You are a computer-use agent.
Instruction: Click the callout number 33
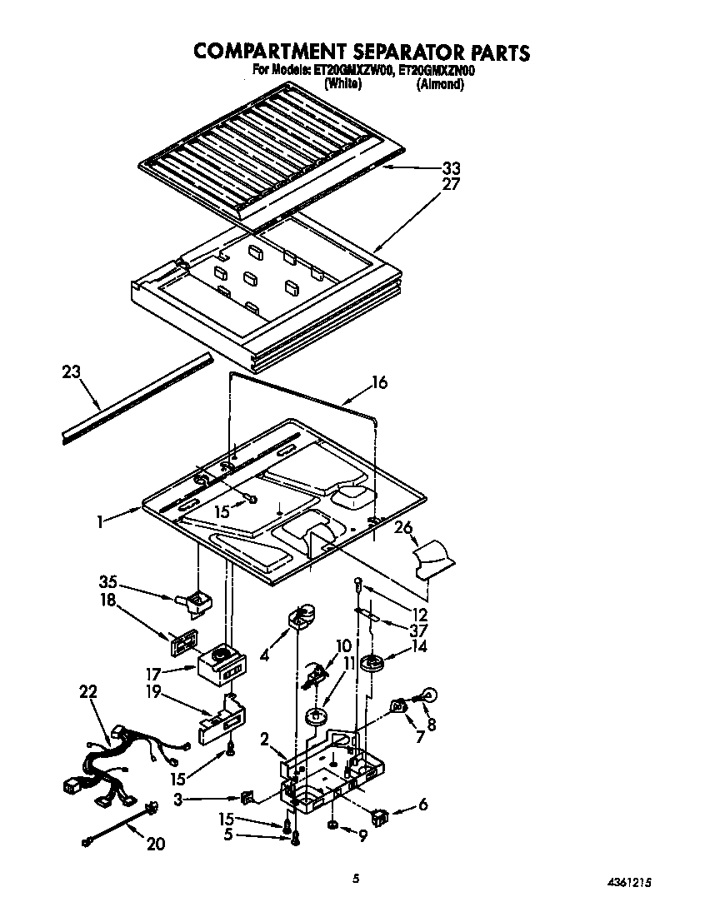point(450,169)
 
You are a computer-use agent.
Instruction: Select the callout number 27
point(451,185)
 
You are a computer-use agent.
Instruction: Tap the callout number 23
point(72,371)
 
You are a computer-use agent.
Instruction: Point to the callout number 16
point(379,383)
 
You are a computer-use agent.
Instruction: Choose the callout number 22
point(88,690)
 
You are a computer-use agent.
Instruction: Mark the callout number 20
point(154,845)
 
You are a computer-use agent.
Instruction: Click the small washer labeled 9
point(332,825)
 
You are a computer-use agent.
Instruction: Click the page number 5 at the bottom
point(356,877)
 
